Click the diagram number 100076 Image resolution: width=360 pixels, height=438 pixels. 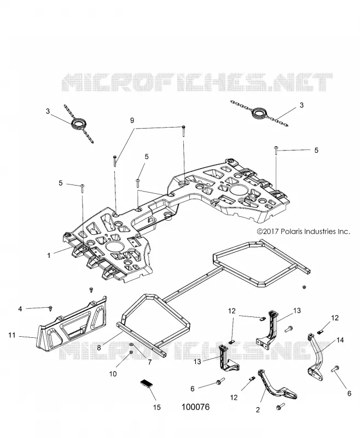[x=195, y=407]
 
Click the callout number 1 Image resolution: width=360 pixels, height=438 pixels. [x=49, y=255]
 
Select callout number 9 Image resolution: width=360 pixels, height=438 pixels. [x=132, y=120]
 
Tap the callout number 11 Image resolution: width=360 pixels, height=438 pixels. [x=11, y=335]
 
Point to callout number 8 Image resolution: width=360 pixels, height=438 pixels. [x=99, y=348]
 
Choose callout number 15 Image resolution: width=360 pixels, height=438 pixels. [x=157, y=407]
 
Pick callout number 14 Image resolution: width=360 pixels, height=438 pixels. [x=340, y=340]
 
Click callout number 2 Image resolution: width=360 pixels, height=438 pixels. [x=258, y=410]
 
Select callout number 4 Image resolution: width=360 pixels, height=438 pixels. [x=20, y=309]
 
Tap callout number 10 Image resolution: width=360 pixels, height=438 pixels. [x=113, y=374]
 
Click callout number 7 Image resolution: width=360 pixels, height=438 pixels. [x=149, y=362]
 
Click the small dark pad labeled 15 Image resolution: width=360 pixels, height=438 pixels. [x=147, y=383]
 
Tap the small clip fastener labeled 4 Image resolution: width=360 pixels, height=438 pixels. [x=50, y=308]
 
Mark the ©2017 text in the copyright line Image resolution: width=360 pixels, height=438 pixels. [x=268, y=232]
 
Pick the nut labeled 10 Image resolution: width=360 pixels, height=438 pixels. [x=131, y=353]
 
